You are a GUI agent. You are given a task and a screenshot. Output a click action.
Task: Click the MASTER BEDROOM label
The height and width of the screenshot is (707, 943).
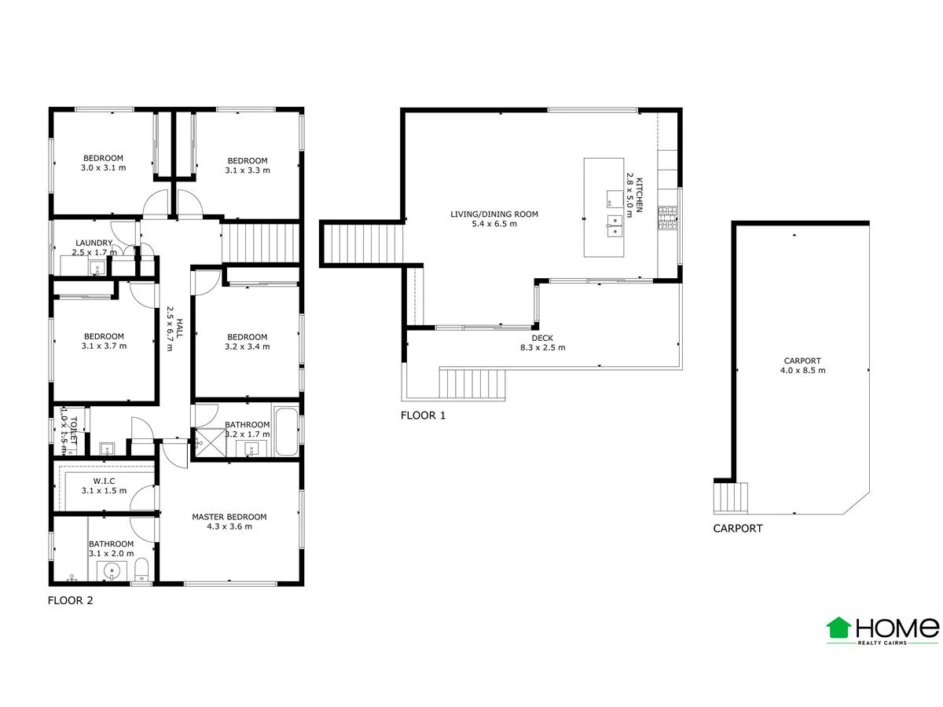coord(229,517)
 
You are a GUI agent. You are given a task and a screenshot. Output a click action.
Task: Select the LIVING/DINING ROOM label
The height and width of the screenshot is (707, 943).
coord(494,214)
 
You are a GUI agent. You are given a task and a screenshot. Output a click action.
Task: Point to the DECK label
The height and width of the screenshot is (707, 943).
coord(542,338)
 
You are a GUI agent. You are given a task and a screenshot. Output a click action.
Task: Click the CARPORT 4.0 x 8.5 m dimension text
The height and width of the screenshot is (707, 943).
coord(802,370)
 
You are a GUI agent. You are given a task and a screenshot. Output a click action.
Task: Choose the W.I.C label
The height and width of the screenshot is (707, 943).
coord(104,481)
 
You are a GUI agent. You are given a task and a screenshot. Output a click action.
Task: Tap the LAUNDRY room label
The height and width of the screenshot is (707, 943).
coord(94,243)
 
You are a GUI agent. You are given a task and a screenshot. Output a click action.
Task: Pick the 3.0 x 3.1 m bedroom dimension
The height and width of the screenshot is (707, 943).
coord(104,168)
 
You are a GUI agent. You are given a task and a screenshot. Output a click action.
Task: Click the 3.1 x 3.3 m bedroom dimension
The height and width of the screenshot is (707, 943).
coord(247,170)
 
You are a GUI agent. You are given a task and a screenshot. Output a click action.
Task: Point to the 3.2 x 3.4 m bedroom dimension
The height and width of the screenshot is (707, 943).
coord(247,346)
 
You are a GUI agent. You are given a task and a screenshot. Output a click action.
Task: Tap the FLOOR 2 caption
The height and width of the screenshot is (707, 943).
coord(70,602)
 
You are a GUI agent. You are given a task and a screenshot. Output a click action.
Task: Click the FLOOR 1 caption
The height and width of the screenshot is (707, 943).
coord(423,416)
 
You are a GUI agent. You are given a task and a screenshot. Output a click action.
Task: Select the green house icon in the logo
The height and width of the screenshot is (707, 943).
coord(838,628)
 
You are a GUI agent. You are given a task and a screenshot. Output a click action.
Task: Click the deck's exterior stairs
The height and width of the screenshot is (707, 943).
coord(471,384)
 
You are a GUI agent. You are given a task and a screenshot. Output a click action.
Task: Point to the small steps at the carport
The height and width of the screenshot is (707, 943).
coord(730,496)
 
